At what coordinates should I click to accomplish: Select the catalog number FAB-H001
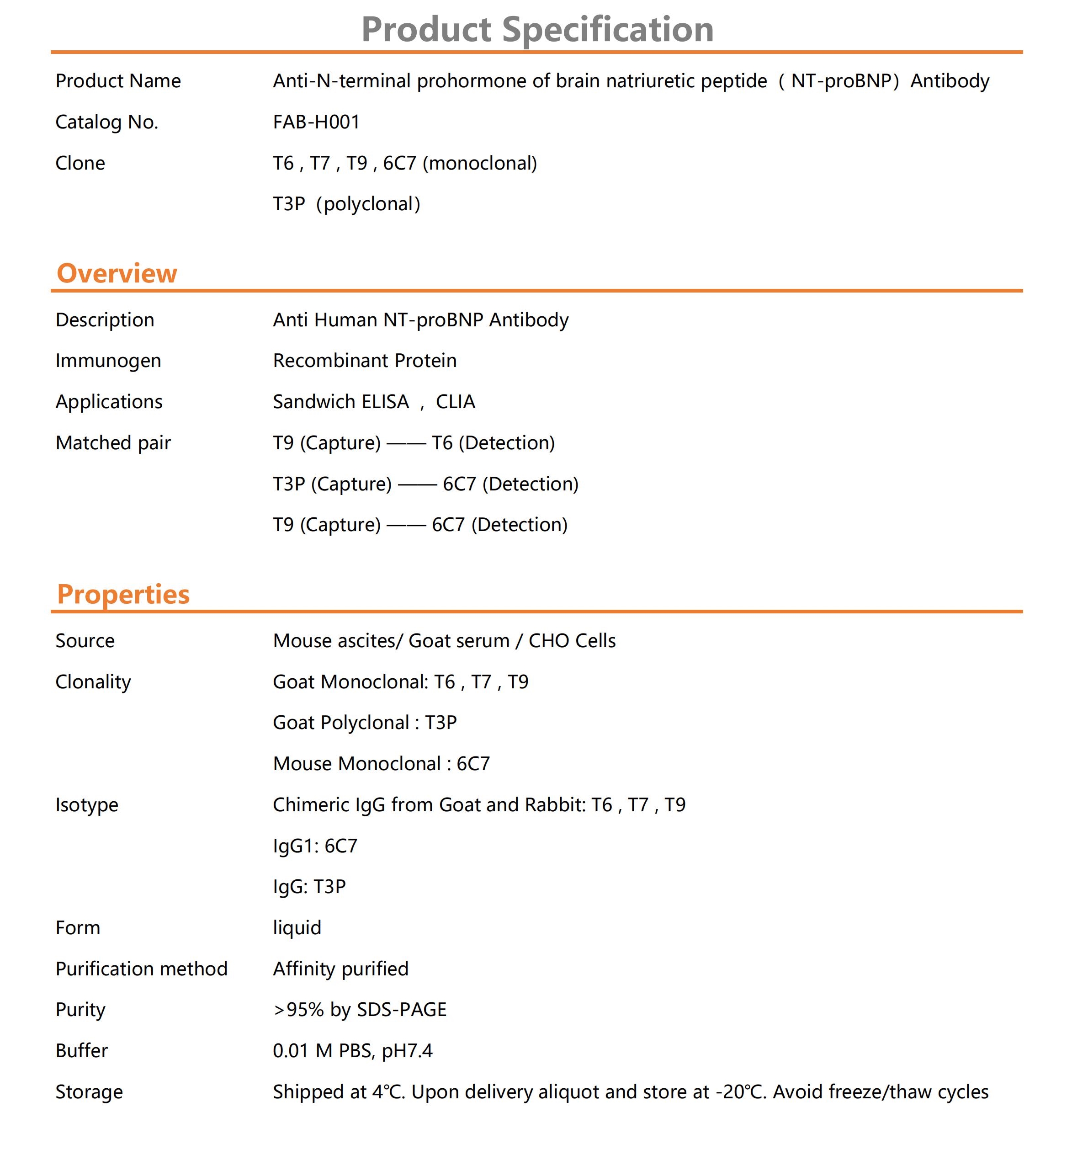pyautogui.click(x=316, y=122)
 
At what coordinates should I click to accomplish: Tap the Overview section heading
pyautogui.click(x=117, y=273)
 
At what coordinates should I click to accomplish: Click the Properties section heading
pyautogui.click(x=123, y=594)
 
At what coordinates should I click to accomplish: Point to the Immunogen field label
pyautogui.click(x=108, y=361)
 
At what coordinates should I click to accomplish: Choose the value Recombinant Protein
pyautogui.click(x=364, y=361)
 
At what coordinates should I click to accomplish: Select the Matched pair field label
pyautogui.click(x=113, y=443)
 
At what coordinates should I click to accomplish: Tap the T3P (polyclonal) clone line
pyautogui.click(x=346, y=204)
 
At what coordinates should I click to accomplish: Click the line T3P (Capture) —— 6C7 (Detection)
pyautogui.click(x=425, y=484)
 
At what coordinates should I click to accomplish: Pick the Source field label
pyautogui.click(x=85, y=641)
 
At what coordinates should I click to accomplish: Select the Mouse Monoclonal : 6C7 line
pyautogui.click(x=381, y=763)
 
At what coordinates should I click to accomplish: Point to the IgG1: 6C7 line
pyautogui.click(x=315, y=846)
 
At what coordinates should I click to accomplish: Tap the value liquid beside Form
pyautogui.click(x=297, y=928)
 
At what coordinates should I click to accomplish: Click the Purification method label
pyautogui.click(x=141, y=969)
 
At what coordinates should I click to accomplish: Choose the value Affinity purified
pyautogui.click(x=340, y=969)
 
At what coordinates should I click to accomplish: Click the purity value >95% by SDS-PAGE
pyautogui.click(x=360, y=1010)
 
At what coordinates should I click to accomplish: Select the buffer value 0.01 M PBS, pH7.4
pyautogui.click(x=353, y=1051)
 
